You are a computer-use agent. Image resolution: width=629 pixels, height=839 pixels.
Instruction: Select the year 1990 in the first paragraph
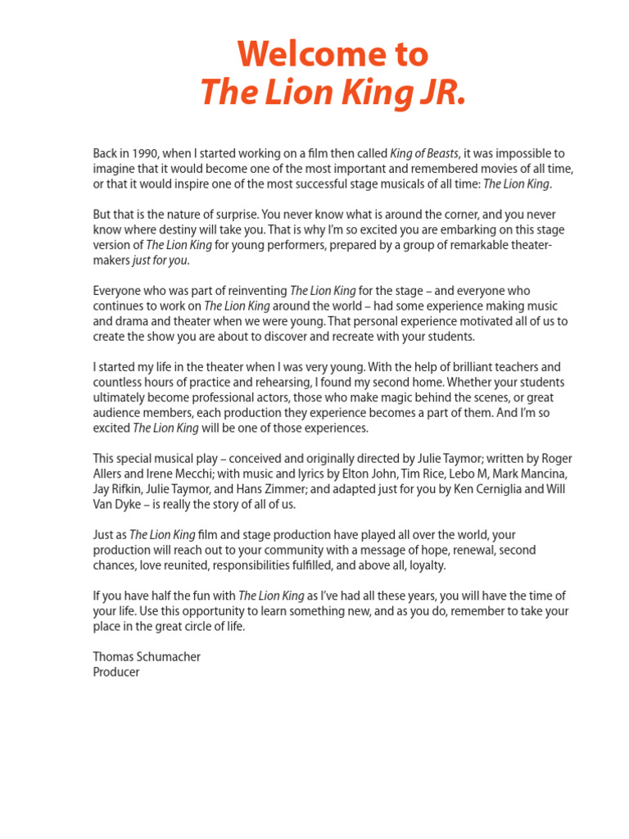coord(140,154)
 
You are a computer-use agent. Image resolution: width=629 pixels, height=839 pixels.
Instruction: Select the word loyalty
coord(423,565)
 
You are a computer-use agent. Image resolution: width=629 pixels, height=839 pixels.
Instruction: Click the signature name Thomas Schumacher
coord(147,657)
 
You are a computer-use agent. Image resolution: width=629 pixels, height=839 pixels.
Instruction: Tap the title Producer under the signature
coord(116,672)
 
